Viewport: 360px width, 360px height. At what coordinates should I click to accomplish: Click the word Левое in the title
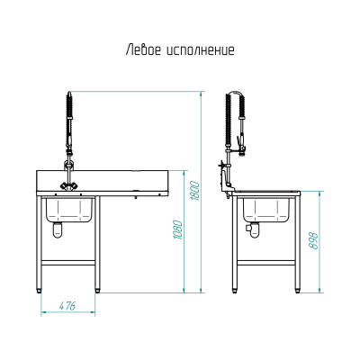[141, 50]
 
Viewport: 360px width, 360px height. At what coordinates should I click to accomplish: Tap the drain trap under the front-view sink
[58, 229]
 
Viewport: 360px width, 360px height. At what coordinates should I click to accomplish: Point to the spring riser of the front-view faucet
[68, 117]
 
